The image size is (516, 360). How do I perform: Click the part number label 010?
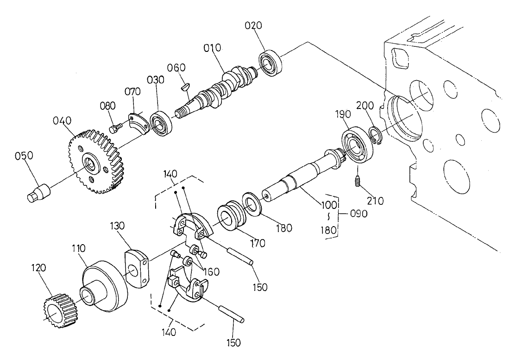click(212, 48)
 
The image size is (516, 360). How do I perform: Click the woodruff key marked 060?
click(184, 85)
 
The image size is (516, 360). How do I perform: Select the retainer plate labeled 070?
click(138, 121)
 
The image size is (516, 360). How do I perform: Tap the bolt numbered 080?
click(114, 126)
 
